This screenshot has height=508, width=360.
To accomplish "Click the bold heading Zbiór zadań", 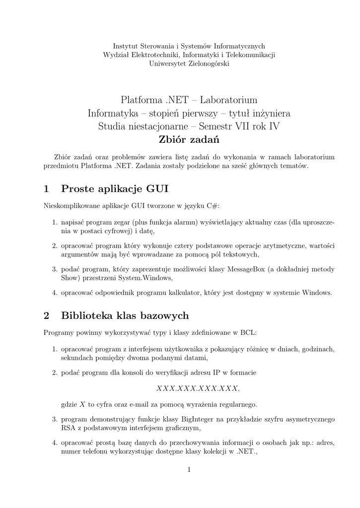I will [189, 139].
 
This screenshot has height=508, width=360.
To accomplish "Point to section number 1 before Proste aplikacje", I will [46, 189].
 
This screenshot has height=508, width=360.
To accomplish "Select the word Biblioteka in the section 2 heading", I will [87, 316].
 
